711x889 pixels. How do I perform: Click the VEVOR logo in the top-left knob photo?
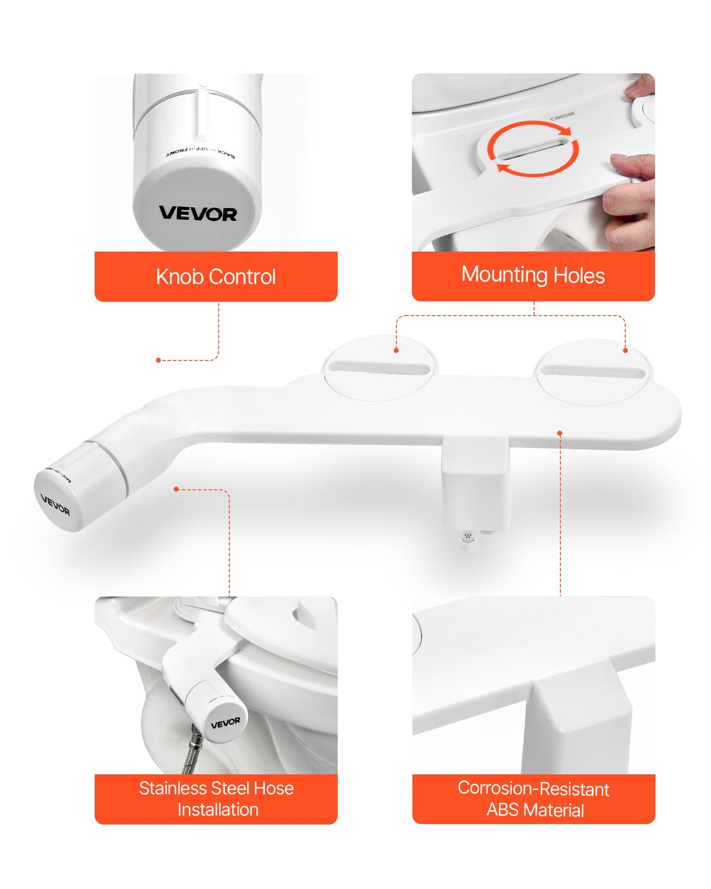click(198, 214)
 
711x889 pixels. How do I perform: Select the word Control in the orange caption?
click(242, 277)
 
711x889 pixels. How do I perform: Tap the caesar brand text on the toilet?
click(562, 116)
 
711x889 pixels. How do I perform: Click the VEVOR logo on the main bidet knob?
click(55, 506)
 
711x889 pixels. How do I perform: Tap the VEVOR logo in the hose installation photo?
click(225, 723)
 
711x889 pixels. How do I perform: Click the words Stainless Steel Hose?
click(216, 789)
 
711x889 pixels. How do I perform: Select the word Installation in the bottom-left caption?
click(218, 810)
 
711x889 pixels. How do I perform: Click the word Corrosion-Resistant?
click(533, 789)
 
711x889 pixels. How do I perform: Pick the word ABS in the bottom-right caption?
click(503, 810)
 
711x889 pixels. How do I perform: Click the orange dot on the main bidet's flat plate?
click(559, 433)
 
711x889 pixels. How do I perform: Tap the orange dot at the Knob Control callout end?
click(158, 360)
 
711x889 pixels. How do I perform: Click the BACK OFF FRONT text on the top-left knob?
click(200, 152)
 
